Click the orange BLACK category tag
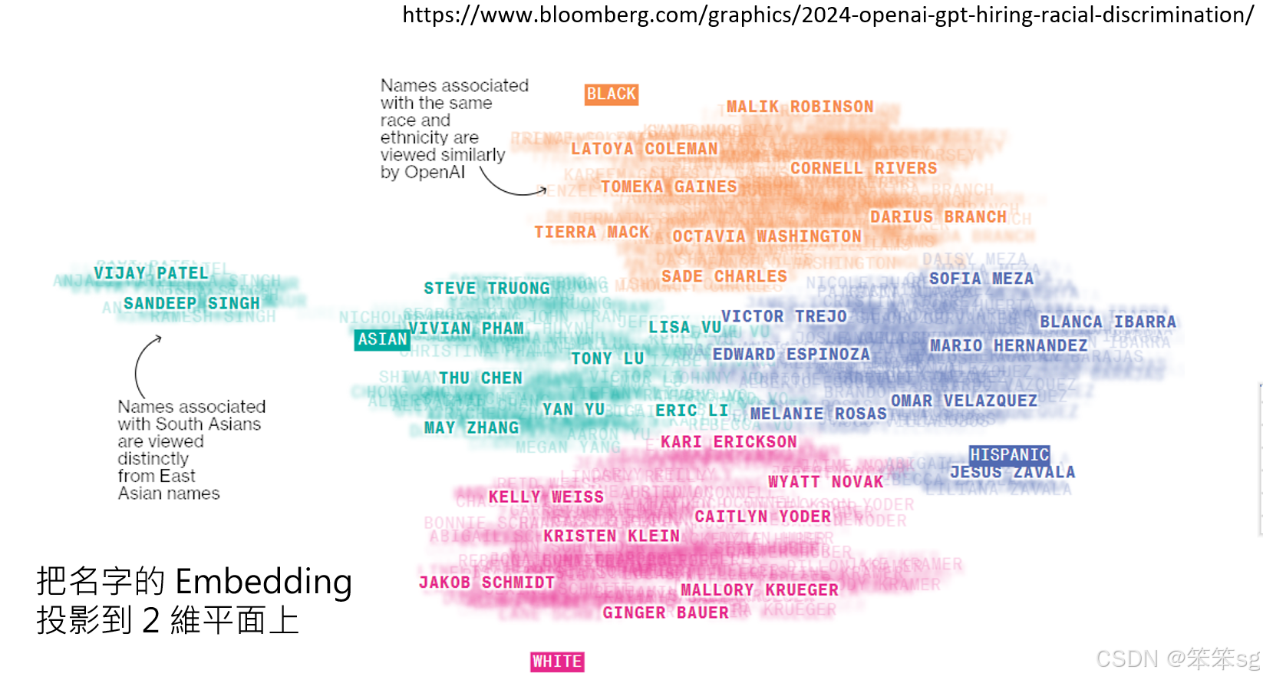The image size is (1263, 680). pyautogui.click(x=612, y=94)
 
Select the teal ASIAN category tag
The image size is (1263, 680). pyautogui.click(x=382, y=339)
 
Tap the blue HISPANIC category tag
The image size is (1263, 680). pyautogui.click(x=1009, y=455)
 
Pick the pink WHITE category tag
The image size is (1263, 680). pyautogui.click(x=557, y=662)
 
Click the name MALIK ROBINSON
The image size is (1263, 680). pyautogui.click(x=800, y=107)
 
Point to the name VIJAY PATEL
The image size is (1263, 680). pyautogui.click(x=151, y=273)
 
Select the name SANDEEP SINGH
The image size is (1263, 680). pyautogui.click(x=192, y=303)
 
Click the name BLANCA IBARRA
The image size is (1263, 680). pyautogui.click(x=1107, y=322)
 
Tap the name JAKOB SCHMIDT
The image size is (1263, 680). pyautogui.click(x=486, y=583)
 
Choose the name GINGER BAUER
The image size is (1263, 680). pyautogui.click(x=665, y=612)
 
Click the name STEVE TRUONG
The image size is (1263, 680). pyautogui.click(x=486, y=288)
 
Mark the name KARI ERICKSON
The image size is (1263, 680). pyautogui.click(x=729, y=442)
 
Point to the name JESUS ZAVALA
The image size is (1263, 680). pyautogui.click(x=1012, y=472)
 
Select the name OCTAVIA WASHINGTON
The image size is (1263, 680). pyautogui.click(x=767, y=236)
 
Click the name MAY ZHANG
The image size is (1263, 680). pyautogui.click(x=471, y=427)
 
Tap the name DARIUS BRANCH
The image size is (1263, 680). pyautogui.click(x=938, y=217)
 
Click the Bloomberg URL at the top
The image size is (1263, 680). pyautogui.click(x=828, y=15)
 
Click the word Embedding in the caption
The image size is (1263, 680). pyautogui.click(x=263, y=582)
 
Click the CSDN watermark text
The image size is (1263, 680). pyautogui.click(x=1177, y=659)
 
